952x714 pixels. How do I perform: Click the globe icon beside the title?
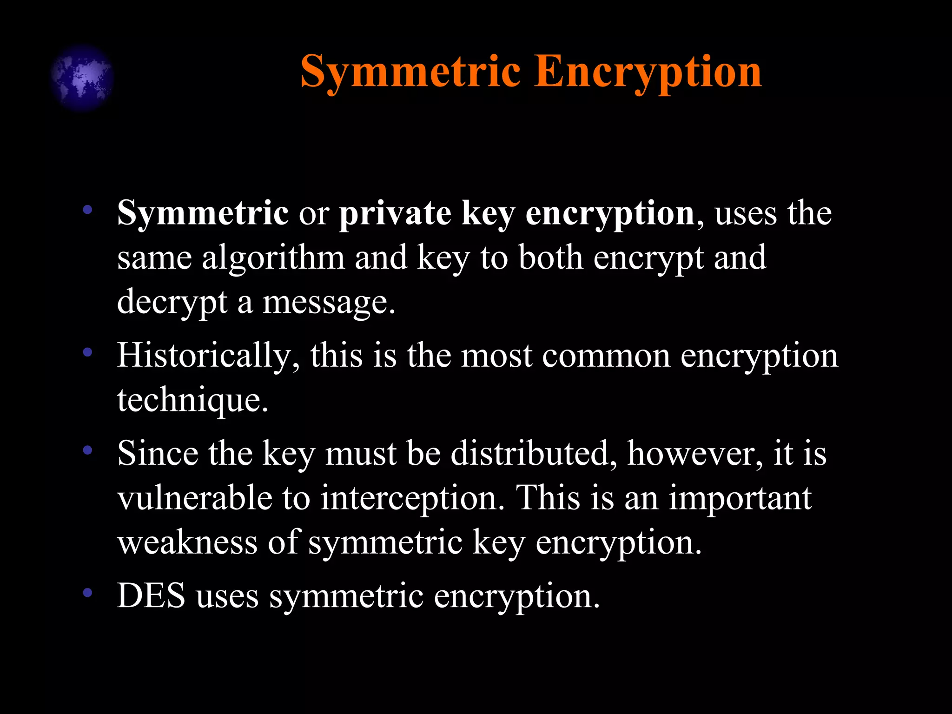82,78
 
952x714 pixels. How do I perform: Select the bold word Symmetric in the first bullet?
203,213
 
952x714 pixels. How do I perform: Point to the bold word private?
395,213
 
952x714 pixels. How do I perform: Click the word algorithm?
273,258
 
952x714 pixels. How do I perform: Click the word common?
606,356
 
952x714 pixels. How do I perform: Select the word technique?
192,400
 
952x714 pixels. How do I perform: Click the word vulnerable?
194,498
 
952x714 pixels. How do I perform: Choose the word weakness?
187,542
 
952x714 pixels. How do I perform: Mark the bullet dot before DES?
87,593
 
